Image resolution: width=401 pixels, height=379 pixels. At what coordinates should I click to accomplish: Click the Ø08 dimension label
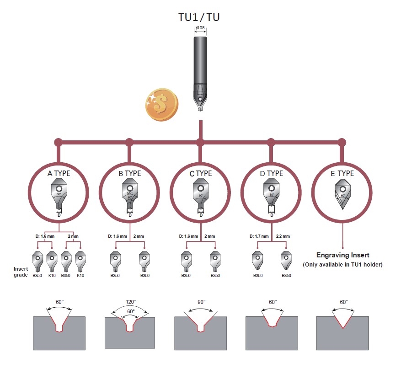pos(200,28)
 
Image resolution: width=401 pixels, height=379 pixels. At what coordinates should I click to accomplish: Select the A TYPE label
pos(59,174)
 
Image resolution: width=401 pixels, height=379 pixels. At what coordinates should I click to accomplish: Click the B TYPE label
pos(130,174)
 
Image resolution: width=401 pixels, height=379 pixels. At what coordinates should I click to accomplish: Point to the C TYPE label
pos(201,174)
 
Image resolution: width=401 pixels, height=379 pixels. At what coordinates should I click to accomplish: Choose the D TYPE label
pos(272,174)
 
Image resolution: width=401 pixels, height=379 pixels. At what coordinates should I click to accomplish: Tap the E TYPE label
pos(342,174)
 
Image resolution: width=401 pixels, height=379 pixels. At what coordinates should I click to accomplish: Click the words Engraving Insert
pos(342,255)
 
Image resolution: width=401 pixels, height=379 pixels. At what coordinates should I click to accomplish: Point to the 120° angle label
pos(130,302)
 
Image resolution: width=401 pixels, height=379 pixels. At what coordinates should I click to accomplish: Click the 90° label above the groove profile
pos(201,302)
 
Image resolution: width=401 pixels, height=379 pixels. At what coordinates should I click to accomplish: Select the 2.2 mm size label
pos(283,236)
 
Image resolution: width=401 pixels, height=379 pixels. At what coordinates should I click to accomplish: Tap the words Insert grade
pos(21,272)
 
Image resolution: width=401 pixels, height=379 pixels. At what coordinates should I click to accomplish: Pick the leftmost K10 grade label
pos(52,276)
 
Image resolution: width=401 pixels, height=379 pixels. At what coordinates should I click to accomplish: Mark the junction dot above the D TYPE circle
pos(271,142)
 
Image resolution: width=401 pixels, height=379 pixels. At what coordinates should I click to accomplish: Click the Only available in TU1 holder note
pos(342,265)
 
